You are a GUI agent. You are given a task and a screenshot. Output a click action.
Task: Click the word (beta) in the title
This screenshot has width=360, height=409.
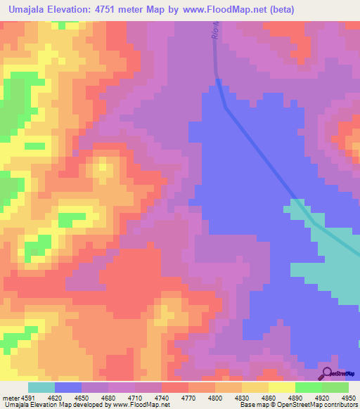click(279, 10)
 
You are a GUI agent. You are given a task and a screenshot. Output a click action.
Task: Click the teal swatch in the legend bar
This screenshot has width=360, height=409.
click(41, 388)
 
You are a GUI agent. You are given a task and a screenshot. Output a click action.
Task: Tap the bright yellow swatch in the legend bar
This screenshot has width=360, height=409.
click(281, 388)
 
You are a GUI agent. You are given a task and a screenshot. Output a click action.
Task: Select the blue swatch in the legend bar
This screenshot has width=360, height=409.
click(67, 388)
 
